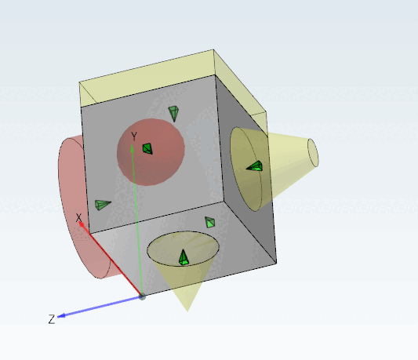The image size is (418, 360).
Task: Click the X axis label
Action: pyautogui.click(x=78, y=218)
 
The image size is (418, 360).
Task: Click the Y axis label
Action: pyautogui.click(x=134, y=136)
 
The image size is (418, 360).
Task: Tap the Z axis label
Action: pyautogui.click(x=51, y=319)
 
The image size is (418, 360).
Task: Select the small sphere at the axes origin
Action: pyautogui.click(x=142, y=296)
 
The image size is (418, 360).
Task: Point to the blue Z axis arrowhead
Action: pyautogui.click(x=62, y=315)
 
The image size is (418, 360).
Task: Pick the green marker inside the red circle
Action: pyautogui.click(x=147, y=148)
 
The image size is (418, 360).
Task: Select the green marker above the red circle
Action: pyautogui.click(x=174, y=113)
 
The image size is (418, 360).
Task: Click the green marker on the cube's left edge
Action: pyautogui.click(x=102, y=205)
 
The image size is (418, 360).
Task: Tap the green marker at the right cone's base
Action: pyautogui.click(x=255, y=165)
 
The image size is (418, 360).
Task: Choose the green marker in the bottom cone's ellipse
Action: pyautogui.click(x=184, y=257)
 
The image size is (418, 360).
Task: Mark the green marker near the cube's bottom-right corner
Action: pyautogui.click(x=210, y=223)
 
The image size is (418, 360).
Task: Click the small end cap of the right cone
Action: pyautogui.click(x=313, y=152)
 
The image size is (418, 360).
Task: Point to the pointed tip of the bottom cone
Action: pyautogui.click(x=187, y=309)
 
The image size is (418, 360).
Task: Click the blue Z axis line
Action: pyautogui.click(x=102, y=306)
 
